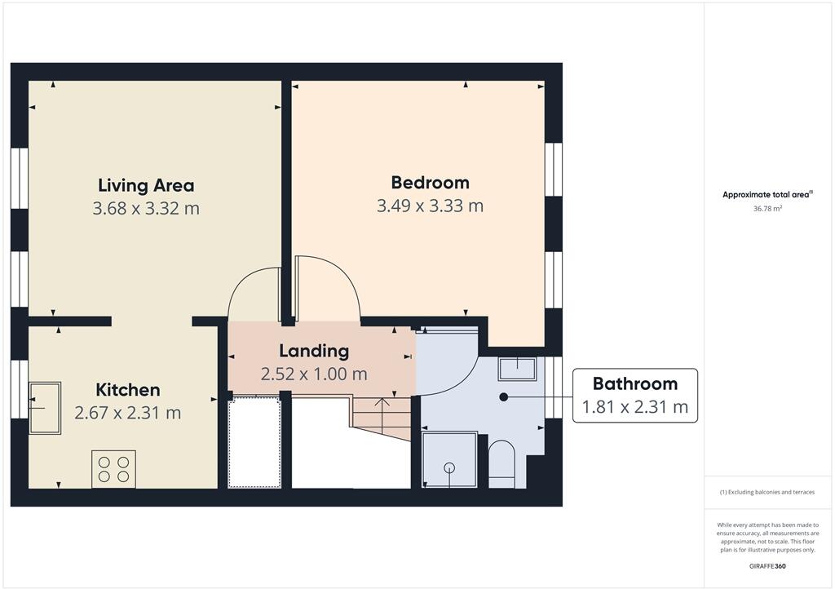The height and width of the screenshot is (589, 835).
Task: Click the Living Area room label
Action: tap(146, 185)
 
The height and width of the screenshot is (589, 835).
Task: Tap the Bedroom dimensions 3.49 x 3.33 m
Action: tap(430, 206)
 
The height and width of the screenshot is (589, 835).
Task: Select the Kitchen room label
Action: tap(128, 390)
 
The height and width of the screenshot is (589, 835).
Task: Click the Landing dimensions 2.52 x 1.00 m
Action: tap(314, 374)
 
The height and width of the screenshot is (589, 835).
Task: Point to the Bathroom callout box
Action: tap(635, 395)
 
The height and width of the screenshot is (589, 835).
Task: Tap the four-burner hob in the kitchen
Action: tap(113, 469)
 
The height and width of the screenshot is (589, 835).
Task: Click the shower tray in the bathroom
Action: tap(449, 460)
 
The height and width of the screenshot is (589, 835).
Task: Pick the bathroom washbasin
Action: tap(517, 369)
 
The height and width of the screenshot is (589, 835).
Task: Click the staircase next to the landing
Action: tap(382, 416)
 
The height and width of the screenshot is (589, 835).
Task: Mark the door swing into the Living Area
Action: tap(254, 295)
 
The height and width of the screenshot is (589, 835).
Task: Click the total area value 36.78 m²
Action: tap(767, 209)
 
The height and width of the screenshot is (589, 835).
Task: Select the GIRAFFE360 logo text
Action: tap(767, 565)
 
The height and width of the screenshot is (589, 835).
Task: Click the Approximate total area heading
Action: tap(767, 194)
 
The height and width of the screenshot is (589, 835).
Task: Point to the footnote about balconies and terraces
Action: tap(767, 492)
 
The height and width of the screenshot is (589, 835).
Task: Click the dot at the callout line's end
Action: tap(503, 396)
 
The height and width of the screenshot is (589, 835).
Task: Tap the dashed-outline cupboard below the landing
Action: tap(254, 441)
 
